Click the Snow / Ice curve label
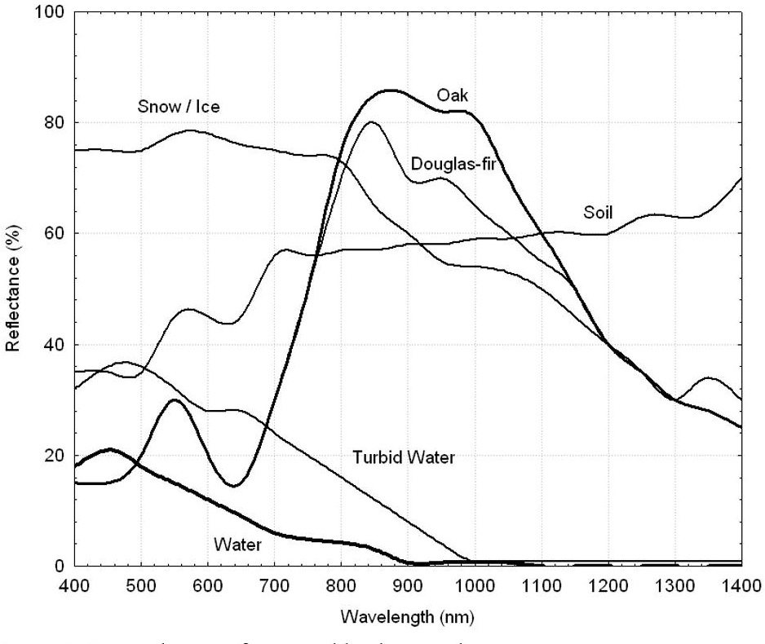tap(179, 107)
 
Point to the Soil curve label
tap(598, 213)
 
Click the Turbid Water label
tap(403, 457)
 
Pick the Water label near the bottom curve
tap(237, 543)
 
